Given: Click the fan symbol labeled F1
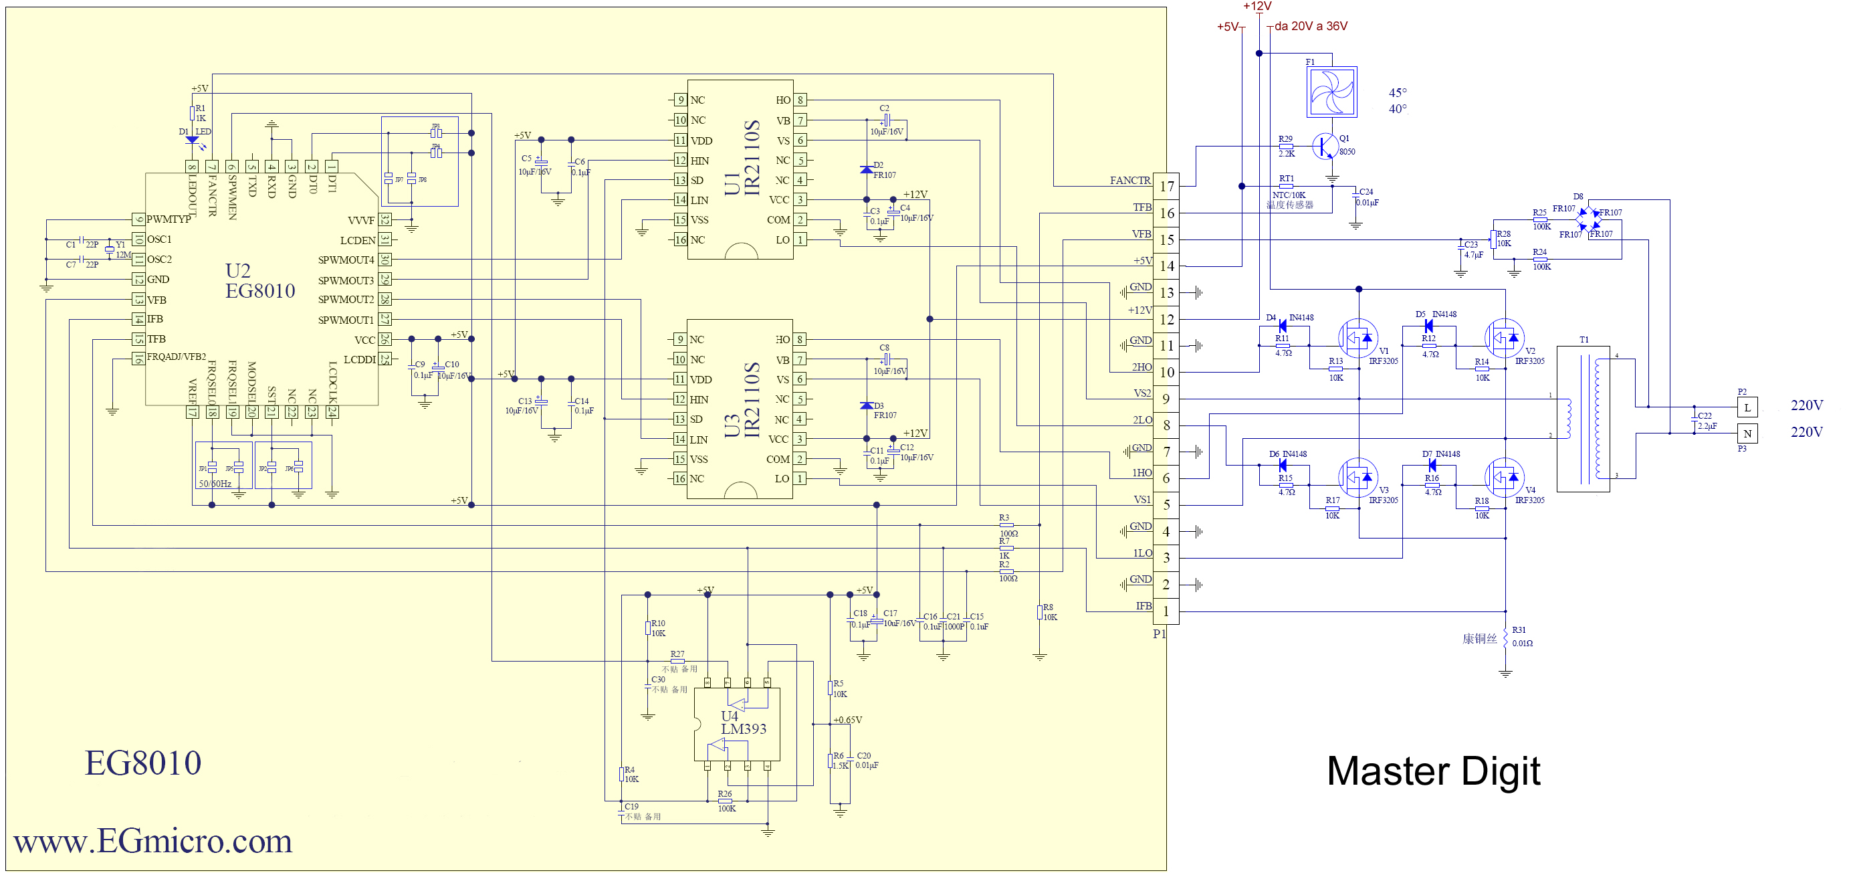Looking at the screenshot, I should coord(1331,92).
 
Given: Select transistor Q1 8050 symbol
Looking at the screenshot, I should coord(1325,147).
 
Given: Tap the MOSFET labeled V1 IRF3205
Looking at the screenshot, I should coord(1357,338).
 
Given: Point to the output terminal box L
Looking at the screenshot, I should coord(1747,407).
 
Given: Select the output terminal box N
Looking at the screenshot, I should coord(1747,433).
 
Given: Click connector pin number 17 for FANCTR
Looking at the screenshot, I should coord(1166,186).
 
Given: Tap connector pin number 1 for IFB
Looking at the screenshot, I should coord(1166,611).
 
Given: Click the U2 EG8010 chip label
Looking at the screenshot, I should coord(259,281).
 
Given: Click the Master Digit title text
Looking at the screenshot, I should coord(1432,771).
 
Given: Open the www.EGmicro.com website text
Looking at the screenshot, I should coord(152,841).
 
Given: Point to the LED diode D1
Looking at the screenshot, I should coord(191,141).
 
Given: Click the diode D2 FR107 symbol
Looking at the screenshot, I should coord(866,170).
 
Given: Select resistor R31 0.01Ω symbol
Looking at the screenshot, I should coord(1505,637).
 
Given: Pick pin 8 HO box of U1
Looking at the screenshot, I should coord(800,100).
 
